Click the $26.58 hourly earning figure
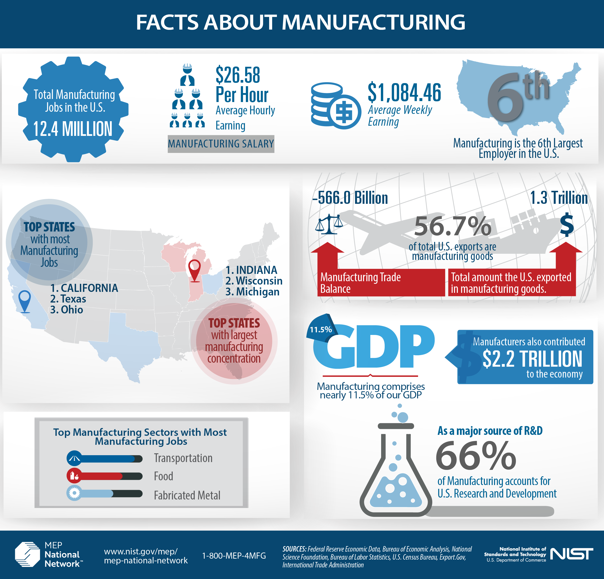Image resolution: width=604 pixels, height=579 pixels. click(238, 75)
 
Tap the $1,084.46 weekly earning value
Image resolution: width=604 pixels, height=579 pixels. click(404, 92)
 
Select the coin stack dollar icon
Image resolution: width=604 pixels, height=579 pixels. click(336, 106)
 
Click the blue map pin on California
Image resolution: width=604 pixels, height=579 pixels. click(25, 300)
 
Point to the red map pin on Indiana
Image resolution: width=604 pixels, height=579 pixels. click(194, 269)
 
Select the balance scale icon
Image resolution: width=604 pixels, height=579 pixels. click(329, 224)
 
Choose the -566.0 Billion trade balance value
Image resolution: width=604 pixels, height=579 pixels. click(350, 198)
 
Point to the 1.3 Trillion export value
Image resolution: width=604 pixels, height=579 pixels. click(558, 198)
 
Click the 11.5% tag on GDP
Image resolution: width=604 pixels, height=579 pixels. click(321, 330)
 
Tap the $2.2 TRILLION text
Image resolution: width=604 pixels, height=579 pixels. click(532, 359)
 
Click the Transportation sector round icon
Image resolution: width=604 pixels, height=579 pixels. click(74, 459)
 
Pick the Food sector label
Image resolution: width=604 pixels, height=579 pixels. click(163, 476)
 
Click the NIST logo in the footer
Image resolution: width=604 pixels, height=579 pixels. click(571, 554)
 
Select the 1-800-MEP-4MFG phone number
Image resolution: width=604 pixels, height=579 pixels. click(234, 556)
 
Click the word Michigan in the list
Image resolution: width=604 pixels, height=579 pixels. click(258, 292)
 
